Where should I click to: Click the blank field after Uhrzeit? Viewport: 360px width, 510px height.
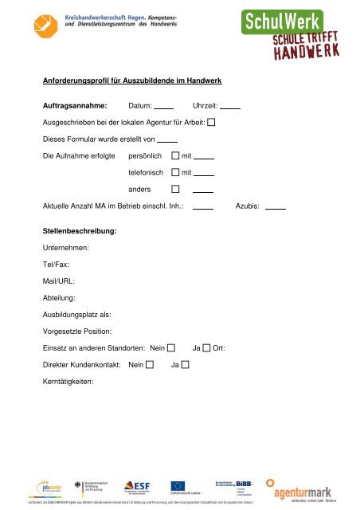230,106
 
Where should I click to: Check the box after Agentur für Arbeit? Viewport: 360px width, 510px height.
211,123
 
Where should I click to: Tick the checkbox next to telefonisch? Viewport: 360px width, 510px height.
175,172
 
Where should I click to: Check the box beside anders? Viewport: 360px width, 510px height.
175,190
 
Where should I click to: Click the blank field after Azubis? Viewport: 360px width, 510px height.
275,206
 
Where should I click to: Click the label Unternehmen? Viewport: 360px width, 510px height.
65,248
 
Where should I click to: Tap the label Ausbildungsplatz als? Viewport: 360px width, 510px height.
76,314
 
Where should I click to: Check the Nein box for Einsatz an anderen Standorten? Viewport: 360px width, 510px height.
171,347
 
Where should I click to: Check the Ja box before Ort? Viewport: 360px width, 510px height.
206,347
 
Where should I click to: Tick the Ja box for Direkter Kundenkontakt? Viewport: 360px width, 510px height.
185,364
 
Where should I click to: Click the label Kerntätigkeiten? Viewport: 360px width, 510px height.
68,381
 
